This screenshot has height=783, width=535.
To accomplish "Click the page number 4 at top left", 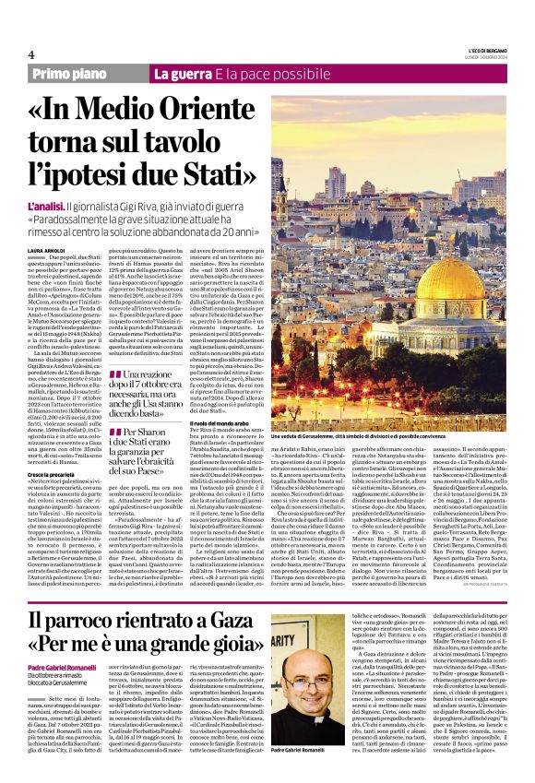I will tap(30, 54).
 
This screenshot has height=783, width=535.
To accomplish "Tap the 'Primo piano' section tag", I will tap(69, 74).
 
